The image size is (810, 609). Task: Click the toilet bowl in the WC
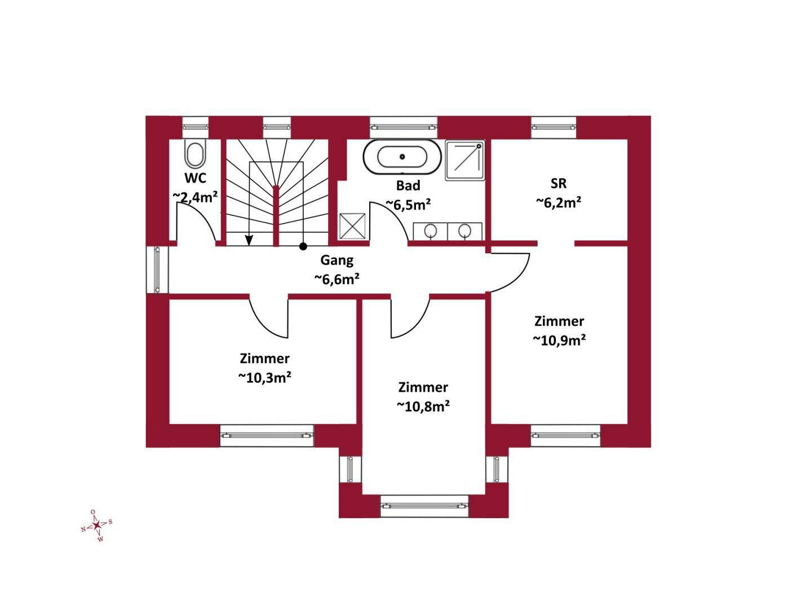[x=195, y=153]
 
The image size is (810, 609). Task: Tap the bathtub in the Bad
[x=402, y=157]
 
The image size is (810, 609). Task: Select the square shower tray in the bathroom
[x=465, y=160]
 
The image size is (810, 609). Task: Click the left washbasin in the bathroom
[x=430, y=231]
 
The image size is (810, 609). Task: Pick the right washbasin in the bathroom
[x=464, y=231]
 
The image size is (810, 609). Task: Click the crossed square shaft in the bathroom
[x=352, y=226]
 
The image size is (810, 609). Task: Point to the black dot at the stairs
[x=303, y=246]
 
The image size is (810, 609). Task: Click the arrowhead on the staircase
[x=249, y=240]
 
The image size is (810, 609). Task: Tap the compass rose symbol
[x=97, y=525]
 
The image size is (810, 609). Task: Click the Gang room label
[x=337, y=261]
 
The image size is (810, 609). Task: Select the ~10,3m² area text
[x=264, y=378]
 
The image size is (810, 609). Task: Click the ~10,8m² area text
[x=423, y=407]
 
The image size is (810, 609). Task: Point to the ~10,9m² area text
[x=559, y=340]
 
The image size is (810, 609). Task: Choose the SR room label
[x=559, y=183]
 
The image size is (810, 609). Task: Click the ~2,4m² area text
[x=195, y=197]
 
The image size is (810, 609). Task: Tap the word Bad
[x=408, y=186]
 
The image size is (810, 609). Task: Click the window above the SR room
[x=553, y=127]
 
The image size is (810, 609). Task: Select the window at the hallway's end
[x=158, y=270]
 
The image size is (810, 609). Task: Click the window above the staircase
[x=277, y=127]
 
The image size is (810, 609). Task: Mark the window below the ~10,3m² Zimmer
[x=267, y=435]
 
